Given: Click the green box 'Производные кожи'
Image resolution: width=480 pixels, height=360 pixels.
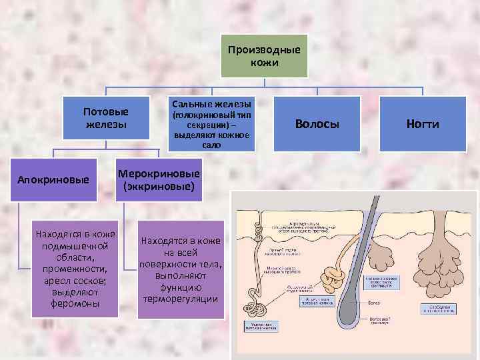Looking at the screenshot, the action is [x=264, y=57].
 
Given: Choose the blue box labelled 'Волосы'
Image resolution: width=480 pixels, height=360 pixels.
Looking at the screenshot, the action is [x=317, y=123].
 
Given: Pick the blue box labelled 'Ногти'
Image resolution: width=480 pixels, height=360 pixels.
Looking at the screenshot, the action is [x=423, y=123].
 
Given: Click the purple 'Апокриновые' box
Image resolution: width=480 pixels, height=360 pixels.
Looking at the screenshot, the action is [x=53, y=180].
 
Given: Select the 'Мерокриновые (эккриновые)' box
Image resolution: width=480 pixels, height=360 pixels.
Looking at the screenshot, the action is [x=158, y=180].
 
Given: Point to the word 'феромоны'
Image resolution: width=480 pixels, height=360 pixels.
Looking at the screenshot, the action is [x=75, y=304].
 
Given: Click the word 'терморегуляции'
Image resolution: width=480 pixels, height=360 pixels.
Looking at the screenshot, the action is [x=180, y=299].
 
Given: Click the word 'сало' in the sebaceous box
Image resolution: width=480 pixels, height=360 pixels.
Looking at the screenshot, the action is [x=211, y=145].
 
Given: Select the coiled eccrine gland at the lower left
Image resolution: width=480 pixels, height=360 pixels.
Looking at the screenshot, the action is [x=253, y=297].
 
